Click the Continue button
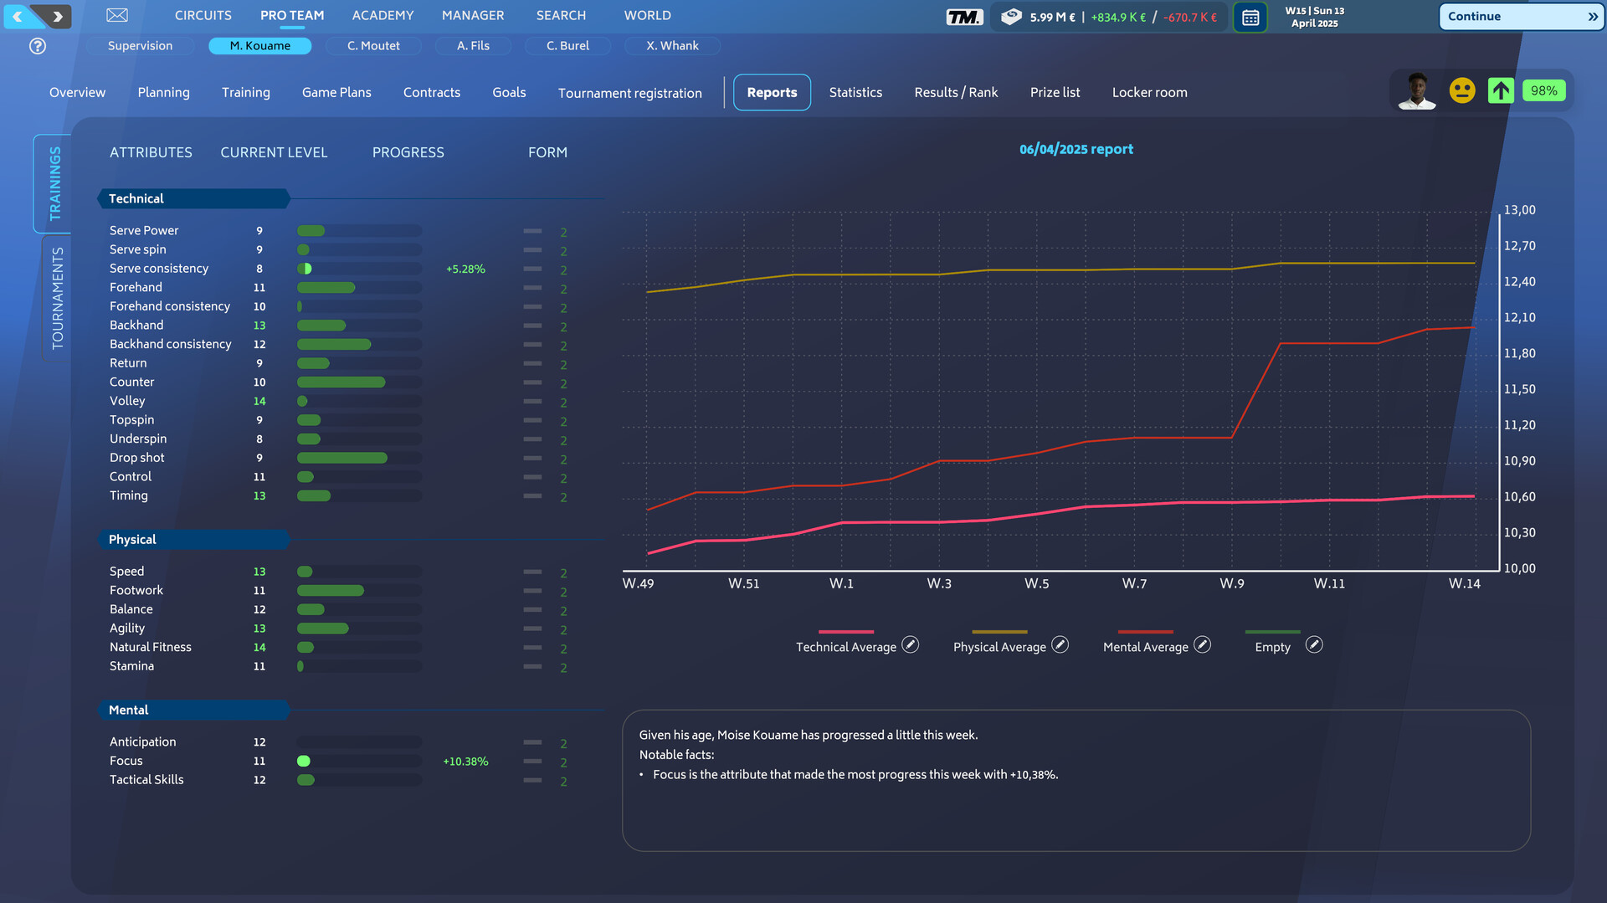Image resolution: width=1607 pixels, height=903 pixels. (1520, 16)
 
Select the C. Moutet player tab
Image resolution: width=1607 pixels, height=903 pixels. (373, 46)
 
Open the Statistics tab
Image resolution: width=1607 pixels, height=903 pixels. (855, 92)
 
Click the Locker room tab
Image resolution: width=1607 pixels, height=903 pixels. (1149, 92)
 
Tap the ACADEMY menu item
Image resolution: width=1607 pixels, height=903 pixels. (382, 15)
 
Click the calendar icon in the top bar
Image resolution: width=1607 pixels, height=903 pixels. (1250, 17)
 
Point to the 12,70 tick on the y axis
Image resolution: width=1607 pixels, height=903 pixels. (1519, 246)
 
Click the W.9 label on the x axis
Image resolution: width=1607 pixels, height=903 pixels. (1231, 583)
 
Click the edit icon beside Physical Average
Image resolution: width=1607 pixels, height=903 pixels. (1060, 644)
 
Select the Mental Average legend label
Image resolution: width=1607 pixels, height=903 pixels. (1145, 647)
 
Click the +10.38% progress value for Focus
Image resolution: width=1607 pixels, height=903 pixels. (465, 762)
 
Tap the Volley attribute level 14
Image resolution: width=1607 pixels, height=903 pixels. (259, 402)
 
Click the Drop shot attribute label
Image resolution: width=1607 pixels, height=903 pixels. (137, 458)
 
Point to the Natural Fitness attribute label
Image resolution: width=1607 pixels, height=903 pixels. (151, 647)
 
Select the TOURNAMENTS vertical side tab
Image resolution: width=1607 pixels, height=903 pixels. (57, 298)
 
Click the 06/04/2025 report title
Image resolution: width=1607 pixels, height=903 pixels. (1076, 149)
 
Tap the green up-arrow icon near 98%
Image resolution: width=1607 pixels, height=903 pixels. (1501, 90)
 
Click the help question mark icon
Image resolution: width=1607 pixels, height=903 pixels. (38, 46)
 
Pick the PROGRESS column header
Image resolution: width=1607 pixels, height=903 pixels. (408, 152)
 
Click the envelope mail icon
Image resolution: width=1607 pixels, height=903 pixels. (117, 15)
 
